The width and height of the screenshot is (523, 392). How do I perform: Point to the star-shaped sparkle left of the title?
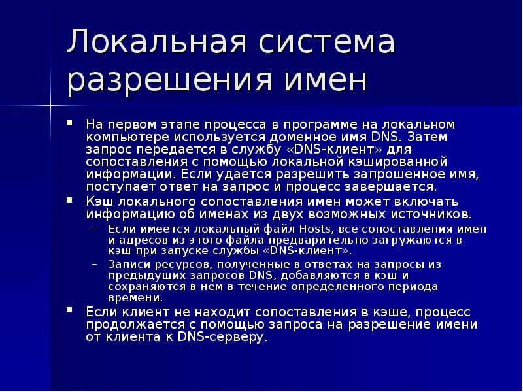point(50,103)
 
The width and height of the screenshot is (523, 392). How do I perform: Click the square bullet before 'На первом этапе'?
point(71,122)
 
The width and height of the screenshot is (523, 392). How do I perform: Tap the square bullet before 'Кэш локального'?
point(71,199)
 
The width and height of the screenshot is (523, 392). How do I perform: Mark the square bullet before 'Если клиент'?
point(71,310)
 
